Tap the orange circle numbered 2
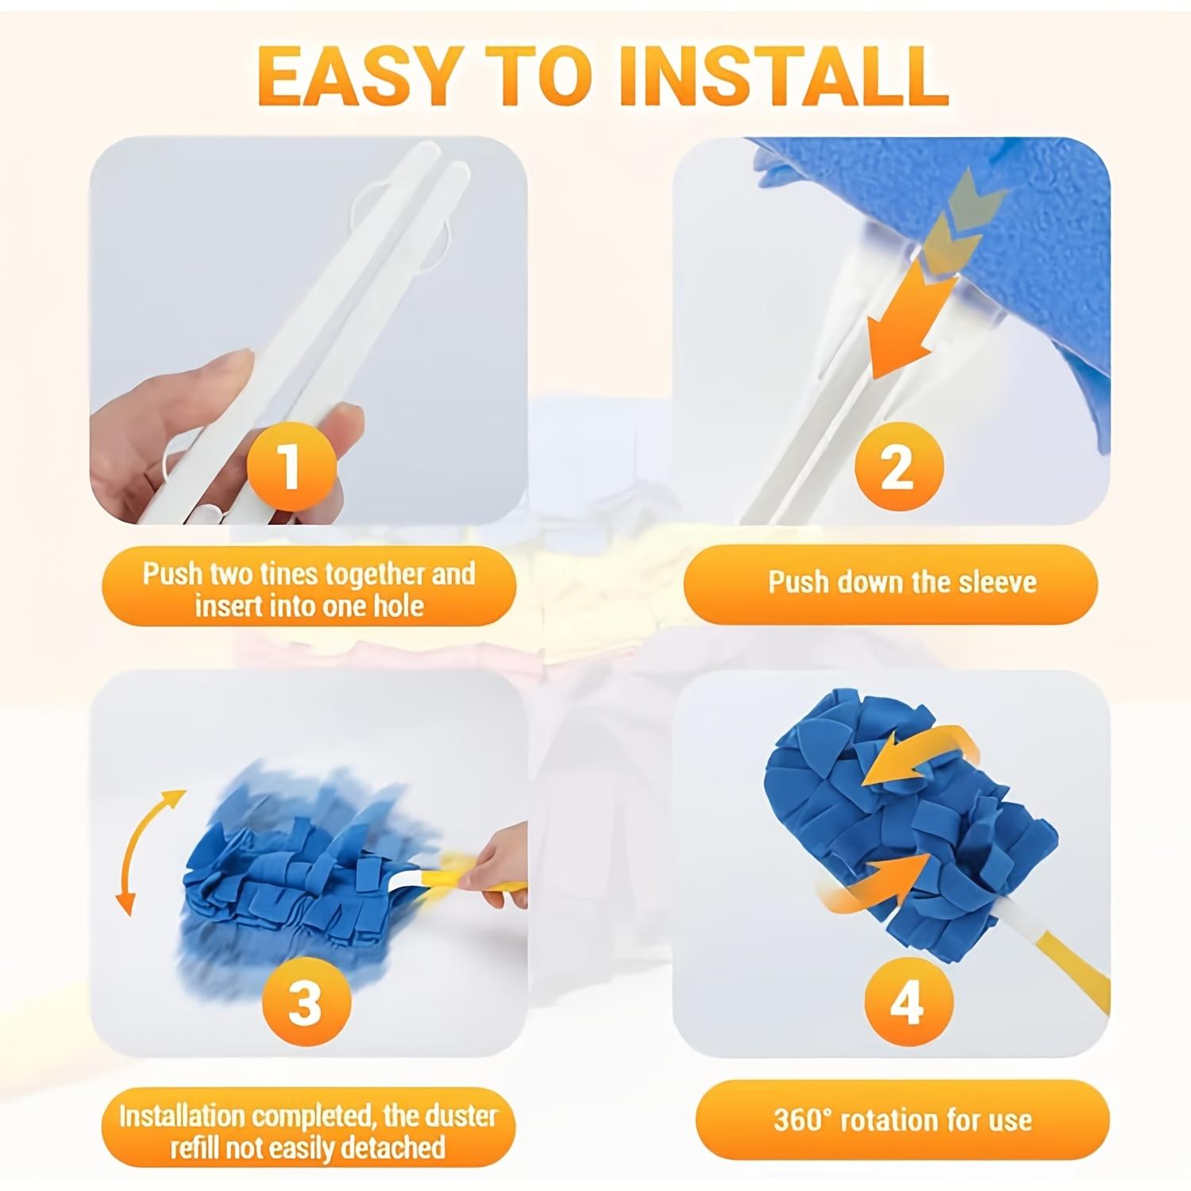point(898,467)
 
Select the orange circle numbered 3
point(306,1002)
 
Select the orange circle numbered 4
point(907,1002)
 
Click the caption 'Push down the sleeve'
point(901,583)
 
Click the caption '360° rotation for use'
point(903,1120)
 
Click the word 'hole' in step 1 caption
point(399,607)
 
